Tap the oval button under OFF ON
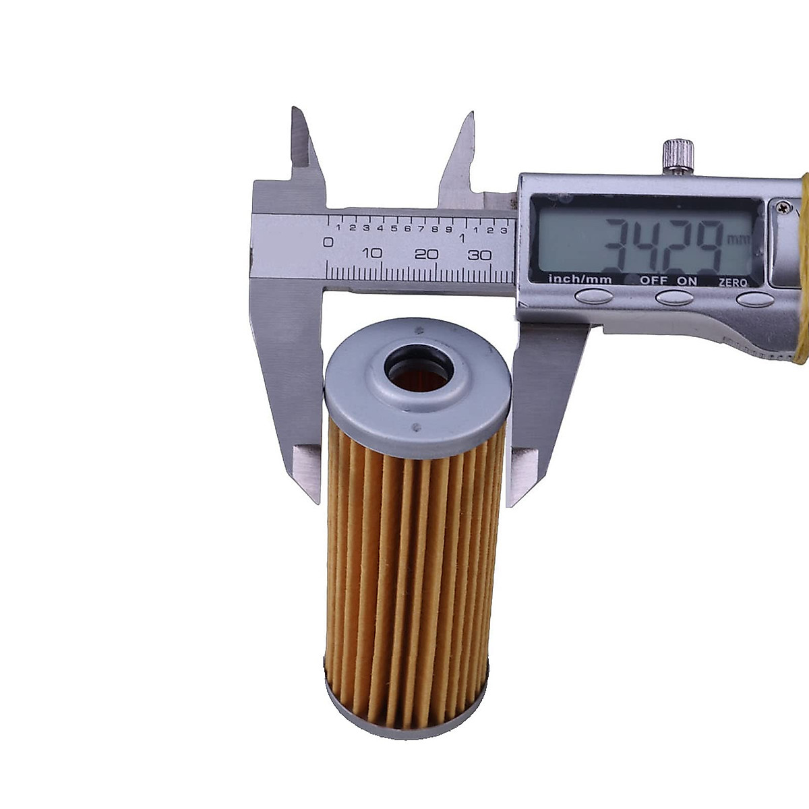coord(674,298)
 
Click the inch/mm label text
coord(580,280)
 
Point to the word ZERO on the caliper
coord(733,282)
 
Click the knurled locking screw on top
coord(678,156)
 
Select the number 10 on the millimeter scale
coord(372,253)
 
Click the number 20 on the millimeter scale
coord(426,253)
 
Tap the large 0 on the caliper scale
coord(329,242)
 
